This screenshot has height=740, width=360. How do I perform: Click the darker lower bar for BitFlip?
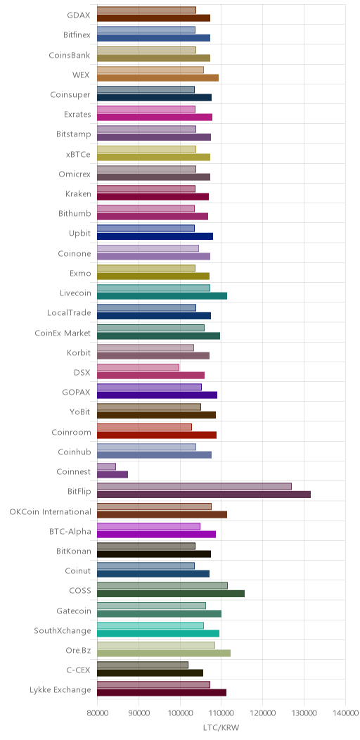(204, 495)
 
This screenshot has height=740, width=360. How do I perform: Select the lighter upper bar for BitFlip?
(194, 487)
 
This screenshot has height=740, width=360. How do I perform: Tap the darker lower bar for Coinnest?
(112, 475)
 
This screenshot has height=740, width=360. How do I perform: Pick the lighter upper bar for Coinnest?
(106, 467)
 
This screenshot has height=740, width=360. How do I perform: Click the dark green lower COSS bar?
(171, 594)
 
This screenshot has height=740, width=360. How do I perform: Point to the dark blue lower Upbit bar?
(155, 236)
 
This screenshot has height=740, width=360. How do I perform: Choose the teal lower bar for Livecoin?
(162, 296)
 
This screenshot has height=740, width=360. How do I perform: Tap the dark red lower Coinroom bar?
(157, 435)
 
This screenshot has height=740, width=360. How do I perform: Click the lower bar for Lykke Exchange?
(162, 693)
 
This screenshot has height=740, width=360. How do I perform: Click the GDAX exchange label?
(78, 15)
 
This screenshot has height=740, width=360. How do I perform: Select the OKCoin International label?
(50, 511)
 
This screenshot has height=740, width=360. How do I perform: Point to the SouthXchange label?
(63, 631)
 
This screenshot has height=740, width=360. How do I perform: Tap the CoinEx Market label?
(63, 333)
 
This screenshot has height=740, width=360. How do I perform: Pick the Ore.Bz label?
(78, 651)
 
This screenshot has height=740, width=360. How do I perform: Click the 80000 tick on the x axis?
(97, 715)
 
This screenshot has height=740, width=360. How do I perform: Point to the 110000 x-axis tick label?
(221, 715)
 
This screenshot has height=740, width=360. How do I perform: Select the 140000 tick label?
(345, 715)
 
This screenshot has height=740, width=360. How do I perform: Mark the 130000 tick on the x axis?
(304, 715)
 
